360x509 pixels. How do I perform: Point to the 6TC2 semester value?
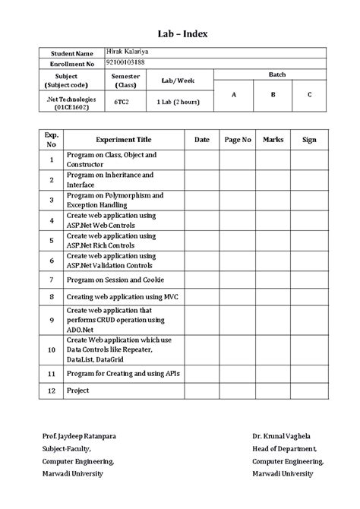pyautogui.click(x=122, y=101)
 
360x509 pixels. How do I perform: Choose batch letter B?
pyautogui.click(x=273, y=95)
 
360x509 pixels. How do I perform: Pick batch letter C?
pyautogui.click(x=309, y=95)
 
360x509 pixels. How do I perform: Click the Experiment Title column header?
pyautogui.click(x=123, y=140)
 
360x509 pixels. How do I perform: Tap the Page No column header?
pyautogui.click(x=238, y=140)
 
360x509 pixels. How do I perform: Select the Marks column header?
pyautogui.click(x=273, y=140)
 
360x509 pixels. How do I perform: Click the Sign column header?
pyautogui.click(x=309, y=140)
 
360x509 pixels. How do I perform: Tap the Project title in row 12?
pyautogui.click(x=78, y=390)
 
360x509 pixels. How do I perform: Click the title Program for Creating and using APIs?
pyautogui.click(x=123, y=375)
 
